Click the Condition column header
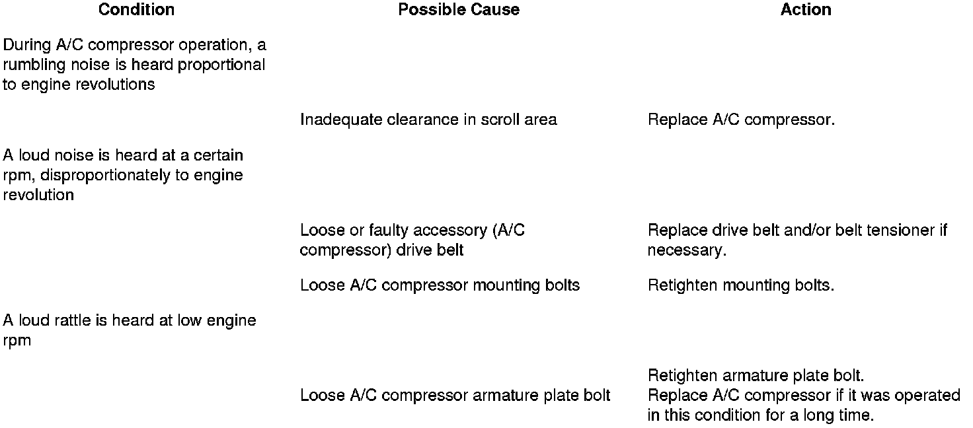click(136, 10)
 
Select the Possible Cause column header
click(459, 10)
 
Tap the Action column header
click(806, 10)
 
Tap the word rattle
click(69, 320)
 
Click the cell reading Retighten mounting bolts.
click(741, 285)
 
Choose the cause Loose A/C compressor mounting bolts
click(440, 285)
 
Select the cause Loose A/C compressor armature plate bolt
click(455, 396)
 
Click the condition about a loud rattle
click(130, 330)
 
